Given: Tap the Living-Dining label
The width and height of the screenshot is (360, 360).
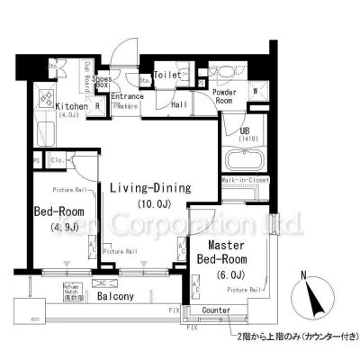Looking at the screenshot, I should click(150, 188).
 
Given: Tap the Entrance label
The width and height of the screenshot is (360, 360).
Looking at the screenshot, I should click(128, 96).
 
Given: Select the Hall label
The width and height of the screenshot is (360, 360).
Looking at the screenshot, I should click(180, 104).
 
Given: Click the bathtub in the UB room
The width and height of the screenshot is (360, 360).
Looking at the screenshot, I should click(241, 162).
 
